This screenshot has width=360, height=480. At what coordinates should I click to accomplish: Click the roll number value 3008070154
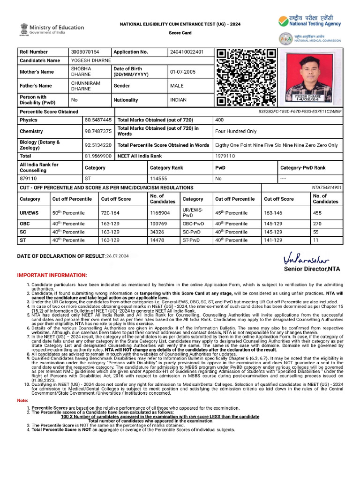tap(84, 52)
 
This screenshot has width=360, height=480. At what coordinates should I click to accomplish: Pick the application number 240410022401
tap(187, 52)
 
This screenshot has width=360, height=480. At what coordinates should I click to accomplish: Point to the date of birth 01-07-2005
tap(183, 72)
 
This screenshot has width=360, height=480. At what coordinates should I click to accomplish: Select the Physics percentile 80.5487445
tap(98, 120)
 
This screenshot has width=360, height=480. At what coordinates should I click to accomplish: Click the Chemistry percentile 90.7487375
tap(98, 131)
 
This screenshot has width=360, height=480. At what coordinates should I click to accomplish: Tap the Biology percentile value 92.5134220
tap(98, 145)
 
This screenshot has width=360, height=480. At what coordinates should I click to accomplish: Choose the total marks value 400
tap(219, 120)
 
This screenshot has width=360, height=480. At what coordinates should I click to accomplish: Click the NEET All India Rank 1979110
tap(225, 156)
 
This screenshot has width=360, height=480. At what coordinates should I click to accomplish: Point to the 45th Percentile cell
tap(232, 213)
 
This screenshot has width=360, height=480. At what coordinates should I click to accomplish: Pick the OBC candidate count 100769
tap(158, 224)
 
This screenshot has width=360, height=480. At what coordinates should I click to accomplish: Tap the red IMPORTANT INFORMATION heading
tap(52, 275)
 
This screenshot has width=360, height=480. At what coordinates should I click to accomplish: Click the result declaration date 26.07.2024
tap(117, 256)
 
